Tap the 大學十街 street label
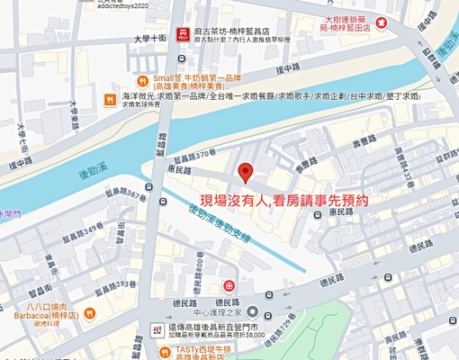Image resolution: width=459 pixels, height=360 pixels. click(148, 38)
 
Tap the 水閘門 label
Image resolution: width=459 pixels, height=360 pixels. click(9, 213)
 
